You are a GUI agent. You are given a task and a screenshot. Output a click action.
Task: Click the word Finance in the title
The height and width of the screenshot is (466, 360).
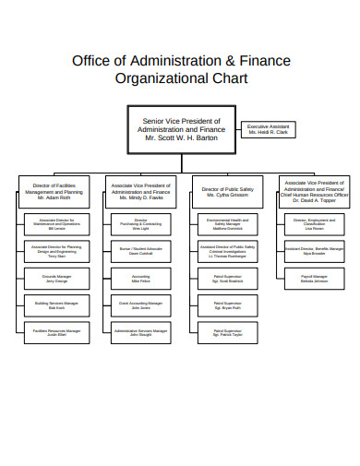pyautogui.click(x=263, y=61)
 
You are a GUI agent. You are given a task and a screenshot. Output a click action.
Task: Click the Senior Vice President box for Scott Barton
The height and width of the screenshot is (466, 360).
pyautogui.click(x=181, y=129)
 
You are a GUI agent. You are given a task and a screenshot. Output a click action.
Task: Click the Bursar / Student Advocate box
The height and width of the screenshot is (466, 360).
pyautogui.click(x=141, y=250)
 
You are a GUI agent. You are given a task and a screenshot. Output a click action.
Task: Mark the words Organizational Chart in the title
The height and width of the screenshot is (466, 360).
pyautogui.click(x=181, y=79)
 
